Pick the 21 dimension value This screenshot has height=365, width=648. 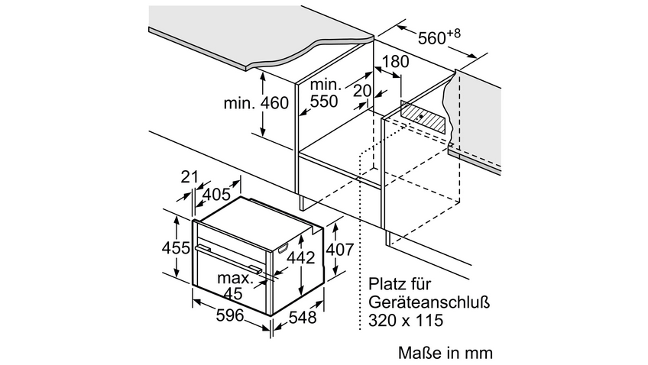pyautogui.click(x=190, y=177)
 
